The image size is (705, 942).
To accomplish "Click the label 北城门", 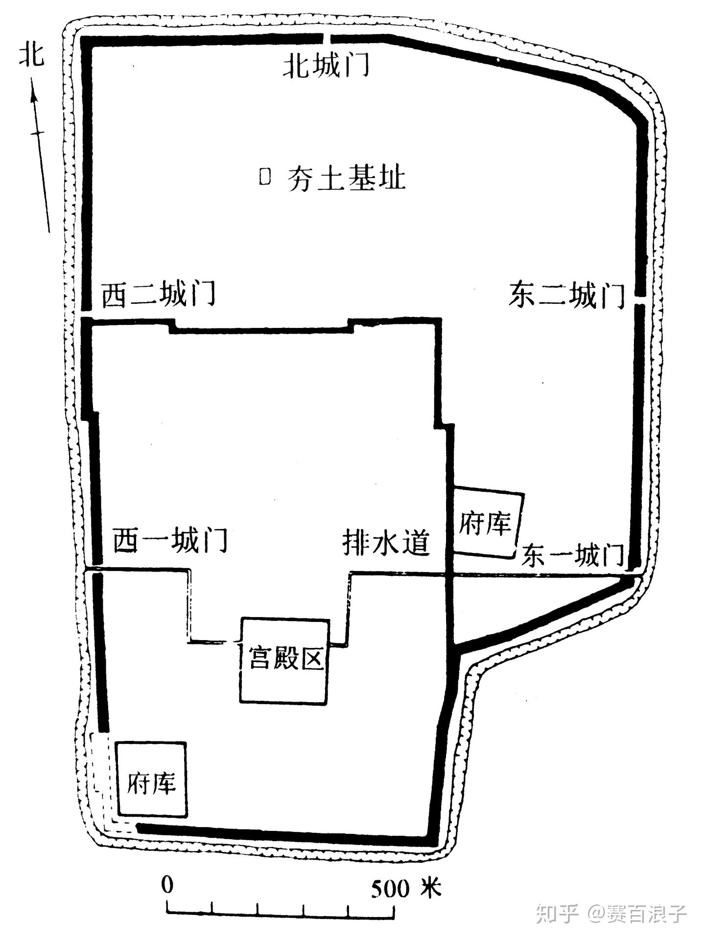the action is (x=326, y=66).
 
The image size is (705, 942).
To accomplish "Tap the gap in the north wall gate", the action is (x=327, y=39).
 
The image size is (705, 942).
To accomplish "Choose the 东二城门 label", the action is (x=566, y=295).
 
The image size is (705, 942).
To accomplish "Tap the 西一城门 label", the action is (x=170, y=540).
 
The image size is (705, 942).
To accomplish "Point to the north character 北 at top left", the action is (x=31, y=54).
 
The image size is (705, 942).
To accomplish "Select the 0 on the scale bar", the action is (x=167, y=885).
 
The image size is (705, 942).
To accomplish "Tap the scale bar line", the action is (x=281, y=912).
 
